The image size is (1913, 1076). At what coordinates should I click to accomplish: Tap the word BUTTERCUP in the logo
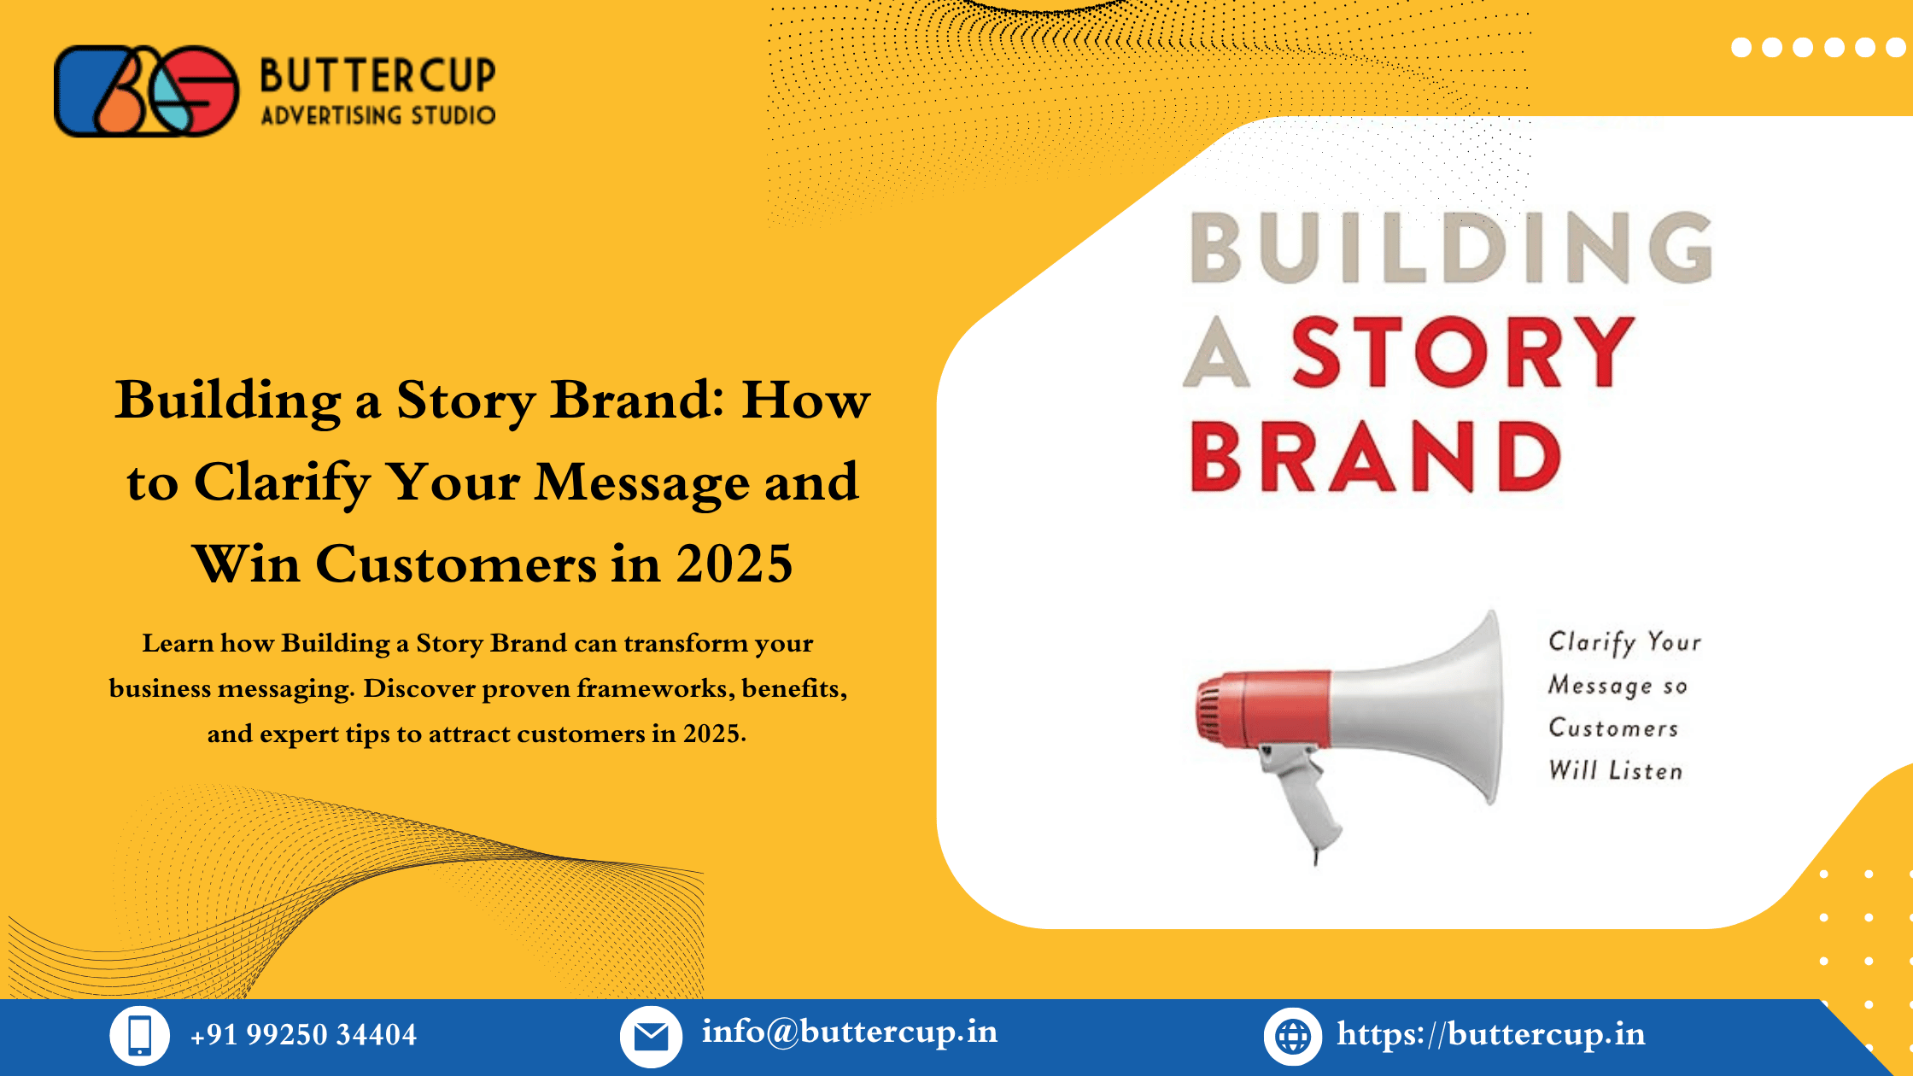tap(377, 75)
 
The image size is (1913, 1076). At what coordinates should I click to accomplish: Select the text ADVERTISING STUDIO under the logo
tap(377, 115)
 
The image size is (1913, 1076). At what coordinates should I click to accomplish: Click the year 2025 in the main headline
tap(734, 564)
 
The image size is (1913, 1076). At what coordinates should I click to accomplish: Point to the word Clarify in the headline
tap(283, 483)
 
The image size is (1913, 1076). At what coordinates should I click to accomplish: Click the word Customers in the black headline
tap(457, 564)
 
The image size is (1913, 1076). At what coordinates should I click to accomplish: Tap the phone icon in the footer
tap(139, 1036)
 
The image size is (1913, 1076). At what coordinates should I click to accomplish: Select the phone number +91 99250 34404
tap(303, 1035)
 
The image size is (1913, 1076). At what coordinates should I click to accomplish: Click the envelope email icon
tap(651, 1037)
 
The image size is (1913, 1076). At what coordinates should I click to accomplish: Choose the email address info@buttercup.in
tap(849, 1032)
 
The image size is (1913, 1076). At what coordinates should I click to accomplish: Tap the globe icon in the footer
tap(1292, 1037)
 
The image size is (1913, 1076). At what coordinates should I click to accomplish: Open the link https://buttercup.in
tap(1491, 1034)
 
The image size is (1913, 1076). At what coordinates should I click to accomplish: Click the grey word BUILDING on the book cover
tap(1452, 248)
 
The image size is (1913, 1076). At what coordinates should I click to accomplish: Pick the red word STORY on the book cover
tap(1462, 351)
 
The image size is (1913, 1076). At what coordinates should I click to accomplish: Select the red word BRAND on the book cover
tap(1375, 457)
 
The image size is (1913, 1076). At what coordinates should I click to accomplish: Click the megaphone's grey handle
tap(1302, 798)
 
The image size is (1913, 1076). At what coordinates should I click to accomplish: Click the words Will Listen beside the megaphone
tap(1616, 771)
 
